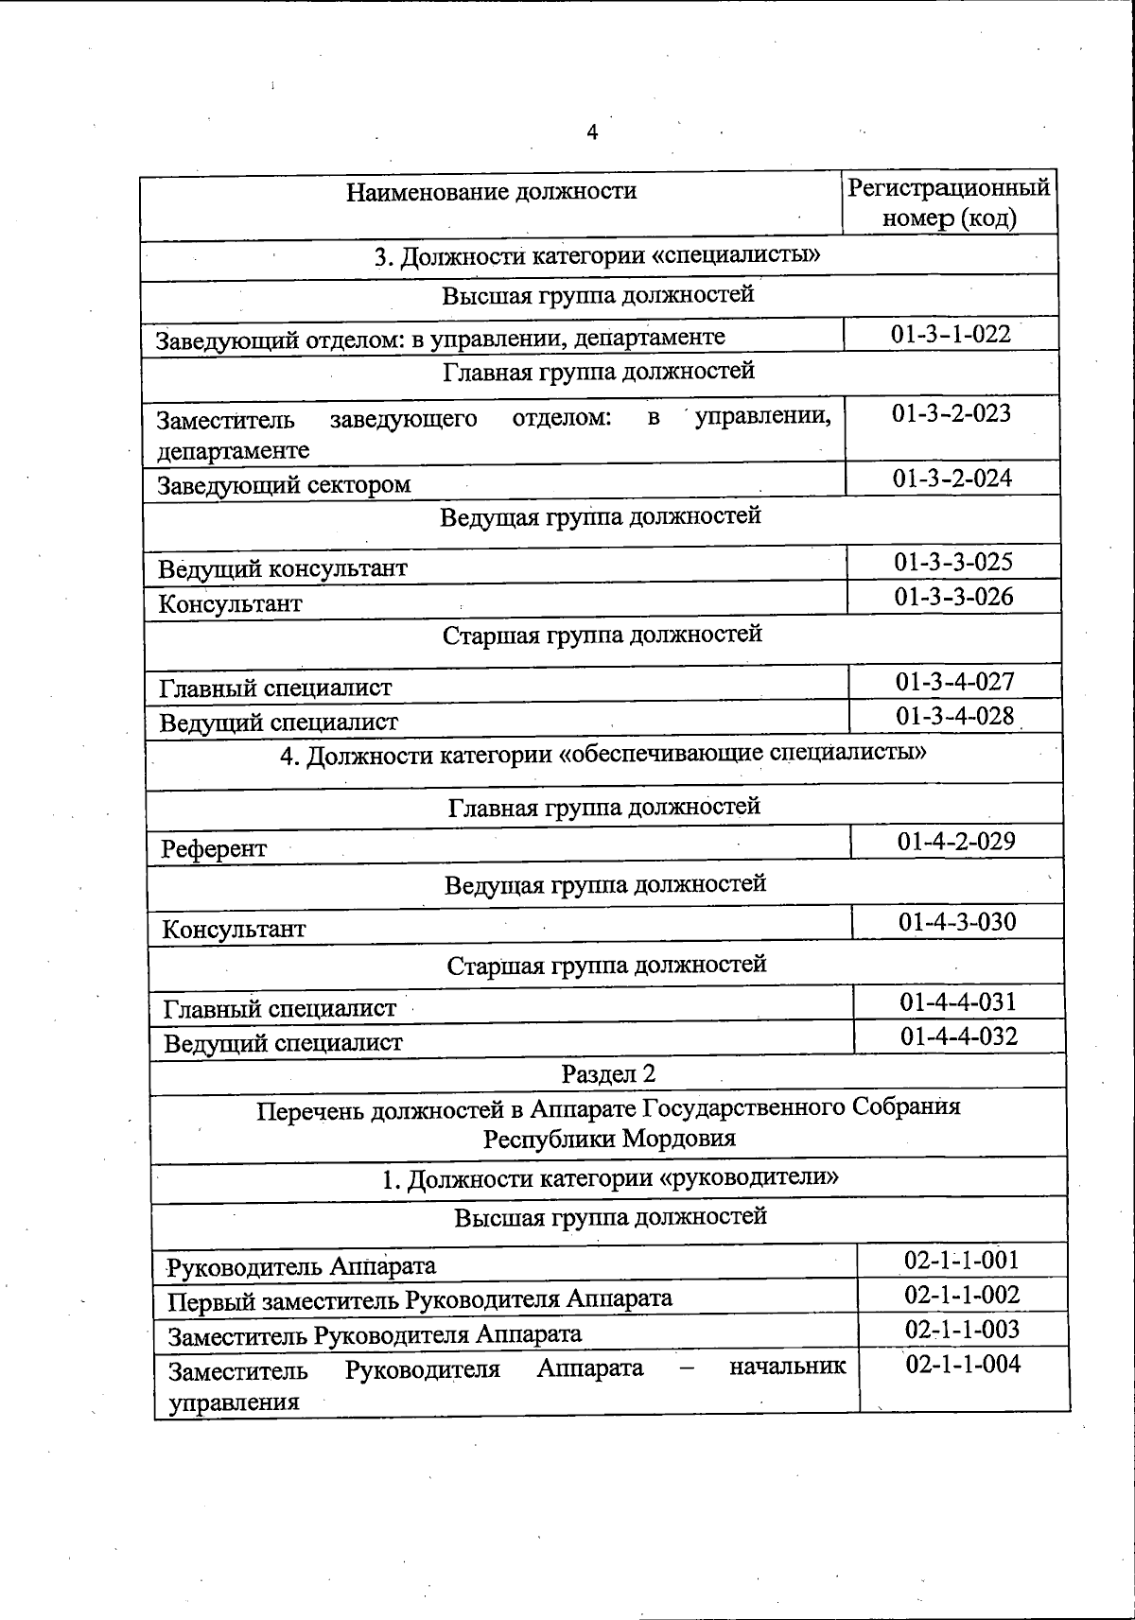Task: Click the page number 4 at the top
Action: coord(592,132)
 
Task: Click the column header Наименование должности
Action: coord(491,192)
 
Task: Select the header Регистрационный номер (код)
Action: coord(949,202)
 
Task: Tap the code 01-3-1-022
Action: coord(951,334)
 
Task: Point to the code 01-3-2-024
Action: coord(952,479)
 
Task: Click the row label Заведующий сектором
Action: coord(284,485)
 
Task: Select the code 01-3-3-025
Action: coord(953,562)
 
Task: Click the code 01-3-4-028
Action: coord(955,716)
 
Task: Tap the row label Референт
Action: coord(214,849)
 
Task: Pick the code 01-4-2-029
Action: coord(956,841)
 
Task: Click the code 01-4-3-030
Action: coord(957,921)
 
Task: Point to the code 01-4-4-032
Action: coord(959,1036)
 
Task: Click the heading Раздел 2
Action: coord(608,1074)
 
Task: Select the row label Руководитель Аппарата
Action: coord(301,1266)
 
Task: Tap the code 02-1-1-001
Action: coord(962,1260)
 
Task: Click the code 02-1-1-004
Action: coord(963,1364)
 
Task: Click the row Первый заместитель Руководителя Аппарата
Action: coord(420,1299)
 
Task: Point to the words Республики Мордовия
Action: coord(609,1139)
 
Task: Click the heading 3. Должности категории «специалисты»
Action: coord(598,257)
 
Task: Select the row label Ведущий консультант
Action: coord(283,569)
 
